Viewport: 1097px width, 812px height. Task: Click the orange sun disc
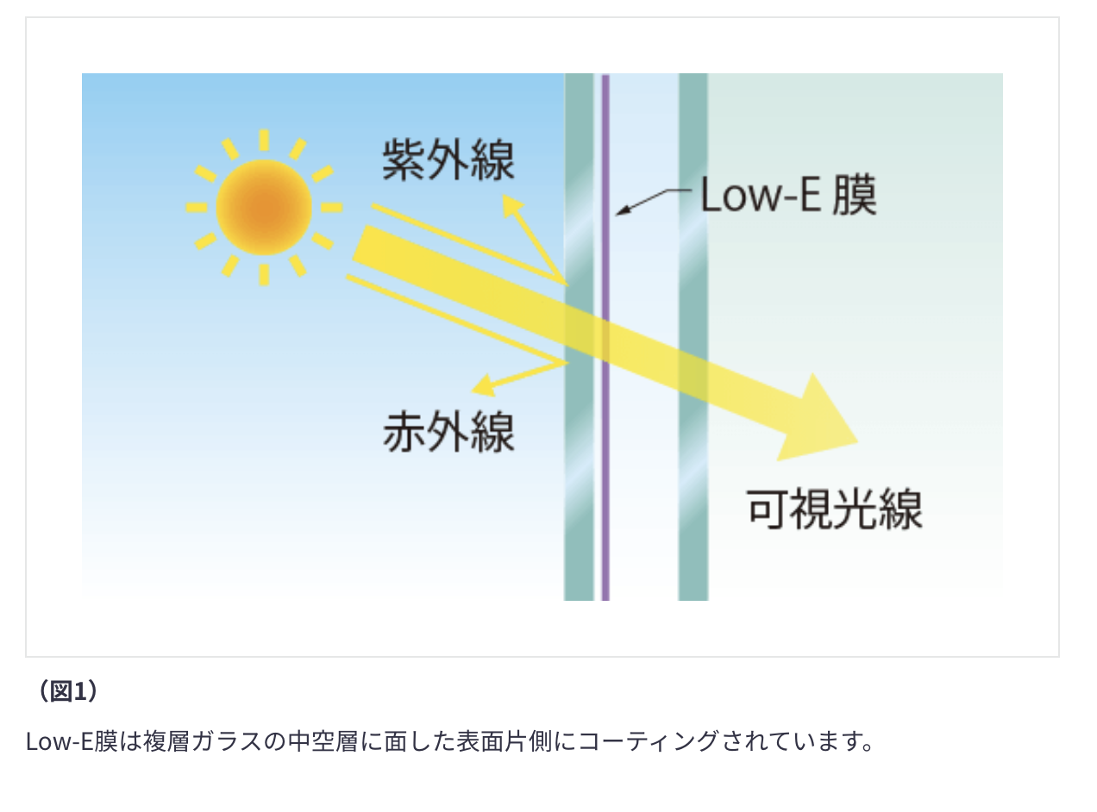tap(264, 207)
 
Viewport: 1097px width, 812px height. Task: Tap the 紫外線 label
tap(448, 159)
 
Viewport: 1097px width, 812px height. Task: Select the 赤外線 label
tap(448, 432)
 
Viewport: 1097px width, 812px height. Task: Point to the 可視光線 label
tap(834, 509)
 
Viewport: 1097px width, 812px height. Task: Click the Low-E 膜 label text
tap(788, 195)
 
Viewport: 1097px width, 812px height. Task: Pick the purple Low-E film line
tap(605, 337)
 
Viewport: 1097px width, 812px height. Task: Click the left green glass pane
tap(579, 337)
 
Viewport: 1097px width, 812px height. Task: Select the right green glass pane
tap(693, 337)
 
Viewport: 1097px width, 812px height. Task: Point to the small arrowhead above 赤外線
tap(485, 385)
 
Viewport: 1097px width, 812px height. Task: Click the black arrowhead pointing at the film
tap(624, 210)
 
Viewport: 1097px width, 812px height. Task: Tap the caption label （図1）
tap(68, 690)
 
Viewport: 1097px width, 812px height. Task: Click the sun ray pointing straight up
tap(264, 140)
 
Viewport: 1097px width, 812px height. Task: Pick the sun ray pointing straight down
tap(264, 275)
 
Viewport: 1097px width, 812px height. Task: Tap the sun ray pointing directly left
tap(197, 208)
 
